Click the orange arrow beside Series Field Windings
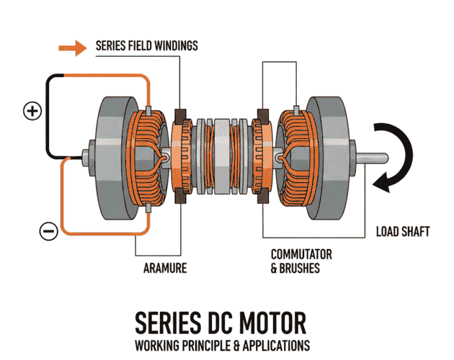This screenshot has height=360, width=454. [73, 48]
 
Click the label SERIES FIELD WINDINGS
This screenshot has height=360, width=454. [146, 46]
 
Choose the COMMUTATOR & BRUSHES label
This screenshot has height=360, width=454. [301, 261]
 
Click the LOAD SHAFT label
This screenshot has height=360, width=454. [403, 232]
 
